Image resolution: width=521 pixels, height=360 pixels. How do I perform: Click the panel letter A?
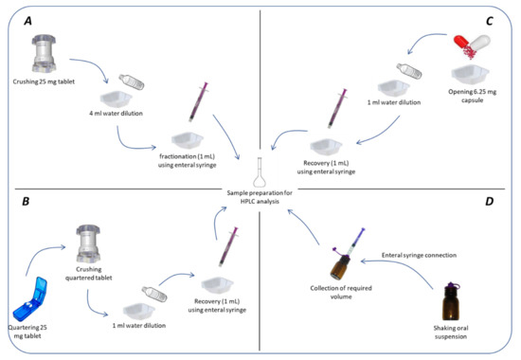[27, 21]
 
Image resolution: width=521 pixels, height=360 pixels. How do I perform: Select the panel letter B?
[26, 202]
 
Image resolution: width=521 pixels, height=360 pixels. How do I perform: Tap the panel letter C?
[490, 21]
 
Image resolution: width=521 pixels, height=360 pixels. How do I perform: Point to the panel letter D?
[490, 202]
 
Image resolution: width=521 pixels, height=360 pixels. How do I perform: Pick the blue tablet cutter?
[30, 298]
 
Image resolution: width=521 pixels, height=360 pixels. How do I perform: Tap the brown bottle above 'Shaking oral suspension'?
[452, 302]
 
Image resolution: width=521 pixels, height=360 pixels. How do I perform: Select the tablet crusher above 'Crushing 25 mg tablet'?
[44, 54]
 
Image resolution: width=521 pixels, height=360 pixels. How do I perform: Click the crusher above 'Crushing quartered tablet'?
[88, 243]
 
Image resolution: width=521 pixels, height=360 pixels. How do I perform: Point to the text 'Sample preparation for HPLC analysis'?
[260, 197]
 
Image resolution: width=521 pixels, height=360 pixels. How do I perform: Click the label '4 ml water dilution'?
[116, 114]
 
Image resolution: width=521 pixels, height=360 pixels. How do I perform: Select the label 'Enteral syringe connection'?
[419, 255]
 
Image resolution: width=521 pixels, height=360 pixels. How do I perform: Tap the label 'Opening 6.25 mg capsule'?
[472, 96]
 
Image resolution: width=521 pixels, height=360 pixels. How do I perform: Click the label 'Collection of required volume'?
[341, 292]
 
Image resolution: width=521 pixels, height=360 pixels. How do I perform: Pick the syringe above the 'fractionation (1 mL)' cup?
[198, 101]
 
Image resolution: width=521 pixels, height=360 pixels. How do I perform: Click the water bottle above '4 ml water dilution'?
[132, 81]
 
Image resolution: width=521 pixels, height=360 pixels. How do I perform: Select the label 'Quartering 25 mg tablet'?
[27, 332]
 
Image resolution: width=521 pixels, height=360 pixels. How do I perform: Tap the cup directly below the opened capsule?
[470, 75]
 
